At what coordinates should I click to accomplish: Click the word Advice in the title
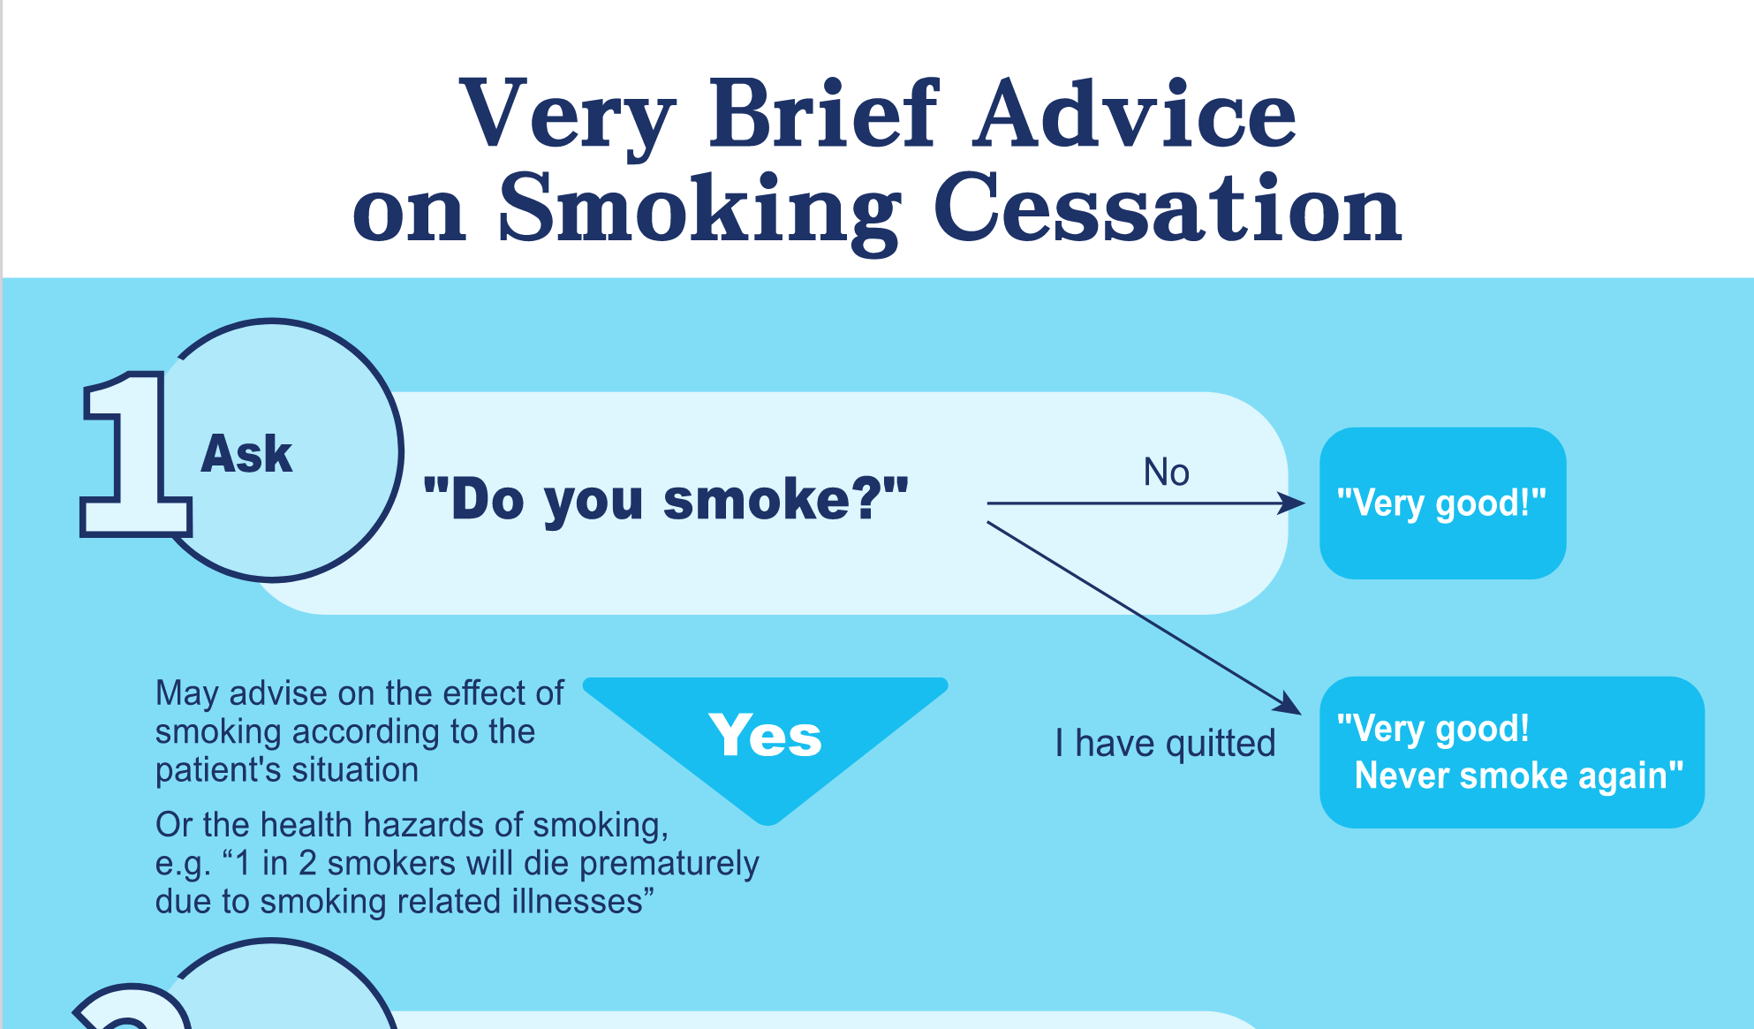point(1135,114)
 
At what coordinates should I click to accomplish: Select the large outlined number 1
point(135,454)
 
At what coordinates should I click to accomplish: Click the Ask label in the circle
point(246,454)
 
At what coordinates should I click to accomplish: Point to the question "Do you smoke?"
point(666,500)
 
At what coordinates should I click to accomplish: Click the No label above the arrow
point(1166,472)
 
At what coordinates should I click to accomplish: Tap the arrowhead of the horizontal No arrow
point(1295,503)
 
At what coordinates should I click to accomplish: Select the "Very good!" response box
point(1442,503)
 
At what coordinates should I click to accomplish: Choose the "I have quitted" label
point(1165,744)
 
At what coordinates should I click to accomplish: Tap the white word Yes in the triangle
point(765,735)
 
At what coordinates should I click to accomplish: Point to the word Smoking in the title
point(699,210)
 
